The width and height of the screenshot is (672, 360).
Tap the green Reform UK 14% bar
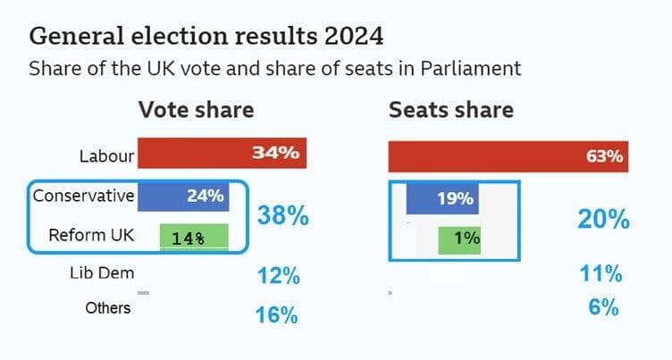click(194, 238)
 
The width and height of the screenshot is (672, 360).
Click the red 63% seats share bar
click(508, 155)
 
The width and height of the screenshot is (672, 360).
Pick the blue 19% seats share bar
click(442, 198)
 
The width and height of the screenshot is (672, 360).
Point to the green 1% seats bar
click(460, 239)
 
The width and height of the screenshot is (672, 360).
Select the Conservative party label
click(83, 196)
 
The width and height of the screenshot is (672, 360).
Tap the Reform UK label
click(90, 237)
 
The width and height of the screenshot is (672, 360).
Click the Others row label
click(108, 308)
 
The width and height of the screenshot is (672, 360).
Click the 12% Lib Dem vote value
click(277, 277)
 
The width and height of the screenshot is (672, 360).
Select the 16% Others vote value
click(277, 314)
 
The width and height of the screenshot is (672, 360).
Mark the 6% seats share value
click(604, 307)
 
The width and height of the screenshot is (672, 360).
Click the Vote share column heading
click(196, 110)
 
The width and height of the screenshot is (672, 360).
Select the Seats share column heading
click(450, 110)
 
